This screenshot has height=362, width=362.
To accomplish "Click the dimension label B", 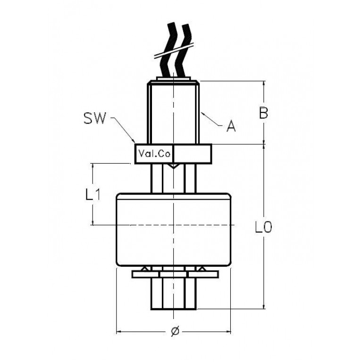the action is [263, 113].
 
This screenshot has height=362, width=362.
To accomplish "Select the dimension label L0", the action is [263, 227].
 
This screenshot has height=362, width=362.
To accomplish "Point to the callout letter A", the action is [231, 126].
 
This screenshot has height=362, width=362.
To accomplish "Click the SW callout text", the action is [94, 118].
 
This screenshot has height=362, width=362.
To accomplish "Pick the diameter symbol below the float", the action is [175, 331].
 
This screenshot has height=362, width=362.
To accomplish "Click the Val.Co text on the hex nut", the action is [154, 153].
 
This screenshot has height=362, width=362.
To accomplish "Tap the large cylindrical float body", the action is [174, 230].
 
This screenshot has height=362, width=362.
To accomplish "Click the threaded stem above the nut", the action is [173, 112].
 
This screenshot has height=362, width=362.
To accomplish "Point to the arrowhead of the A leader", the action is [202, 113].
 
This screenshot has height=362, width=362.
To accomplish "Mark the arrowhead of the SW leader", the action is [134, 141].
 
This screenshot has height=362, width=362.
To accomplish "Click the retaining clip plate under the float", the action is [175, 274].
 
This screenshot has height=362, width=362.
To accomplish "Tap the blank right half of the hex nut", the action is [193, 153].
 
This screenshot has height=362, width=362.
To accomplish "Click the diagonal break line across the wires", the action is [173, 51].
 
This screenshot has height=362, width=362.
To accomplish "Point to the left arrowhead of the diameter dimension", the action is [118, 332].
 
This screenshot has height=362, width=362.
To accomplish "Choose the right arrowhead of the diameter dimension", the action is [228, 332].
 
